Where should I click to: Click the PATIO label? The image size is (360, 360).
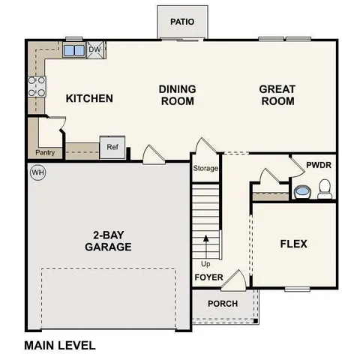(182, 21)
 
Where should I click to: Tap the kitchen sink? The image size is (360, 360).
(74, 51)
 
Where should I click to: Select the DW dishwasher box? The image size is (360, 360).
(94, 50)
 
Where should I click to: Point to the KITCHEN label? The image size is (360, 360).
(89, 98)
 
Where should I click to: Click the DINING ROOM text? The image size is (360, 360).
(177, 94)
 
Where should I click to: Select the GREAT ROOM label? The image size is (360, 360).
(277, 94)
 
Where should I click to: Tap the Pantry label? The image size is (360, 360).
(44, 152)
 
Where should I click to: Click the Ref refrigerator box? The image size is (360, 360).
(112, 147)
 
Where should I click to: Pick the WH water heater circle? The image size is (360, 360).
(37, 173)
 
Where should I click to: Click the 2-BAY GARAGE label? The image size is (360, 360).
(108, 241)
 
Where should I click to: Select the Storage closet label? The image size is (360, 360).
(205, 168)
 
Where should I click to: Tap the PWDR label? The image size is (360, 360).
(319, 165)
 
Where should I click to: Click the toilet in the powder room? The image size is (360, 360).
(325, 192)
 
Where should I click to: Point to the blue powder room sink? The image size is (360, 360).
(302, 192)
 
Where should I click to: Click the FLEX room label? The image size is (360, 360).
(293, 244)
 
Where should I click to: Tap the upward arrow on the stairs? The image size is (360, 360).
(205, 245)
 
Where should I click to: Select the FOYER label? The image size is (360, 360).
(208, 277)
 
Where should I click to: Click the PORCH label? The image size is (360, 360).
(223, 304)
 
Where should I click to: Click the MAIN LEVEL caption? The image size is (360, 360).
(60, 346)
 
